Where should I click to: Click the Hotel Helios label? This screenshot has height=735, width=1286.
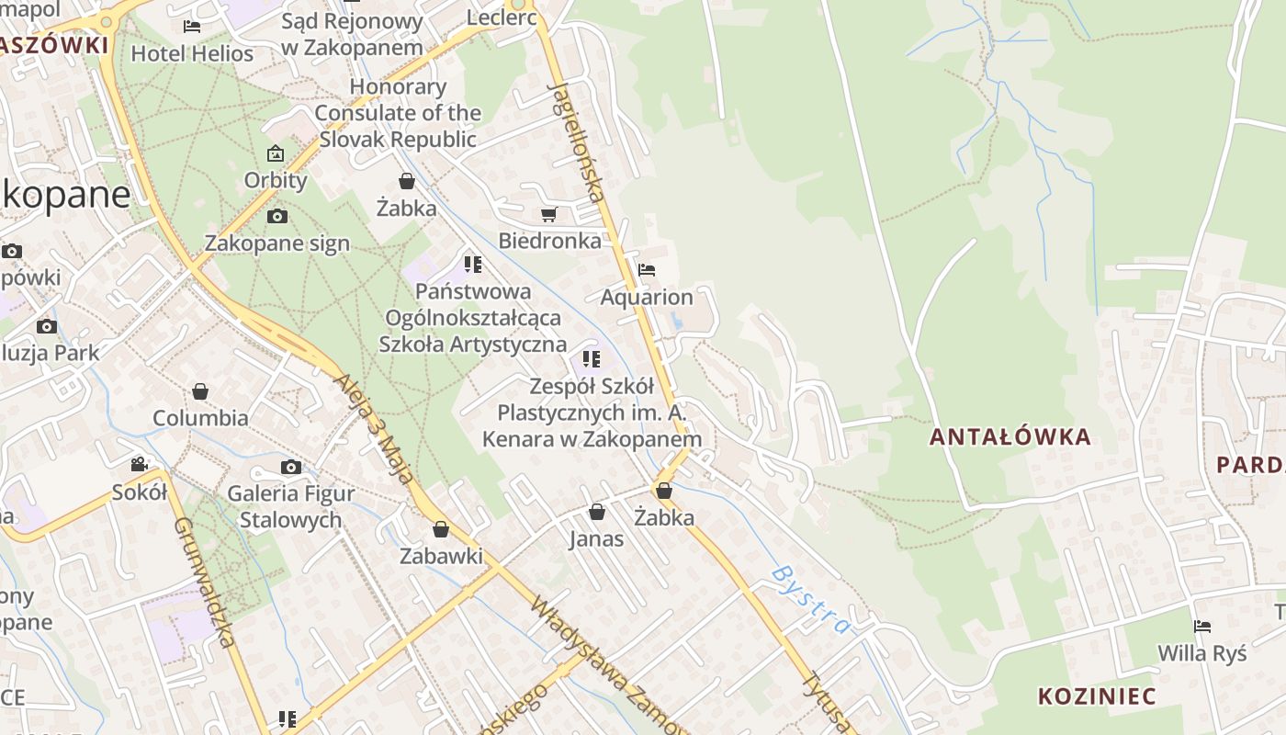(192, 53)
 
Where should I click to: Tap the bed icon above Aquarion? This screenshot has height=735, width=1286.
(647, 270)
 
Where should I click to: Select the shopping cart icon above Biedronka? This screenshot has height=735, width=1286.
(548, 215)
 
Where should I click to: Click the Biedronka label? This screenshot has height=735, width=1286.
(549, 241)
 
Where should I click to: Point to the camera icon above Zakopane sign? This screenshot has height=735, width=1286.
(276, 217)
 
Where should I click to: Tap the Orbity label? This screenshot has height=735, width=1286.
(276, 180)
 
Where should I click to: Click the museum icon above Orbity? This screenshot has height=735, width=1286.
(276, 153)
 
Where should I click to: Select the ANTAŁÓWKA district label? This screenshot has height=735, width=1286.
(1010, 436)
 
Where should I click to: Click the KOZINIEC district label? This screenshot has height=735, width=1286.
(1097, 695)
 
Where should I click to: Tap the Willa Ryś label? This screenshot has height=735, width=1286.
(1201, 653)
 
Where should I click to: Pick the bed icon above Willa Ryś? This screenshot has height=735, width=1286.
(1201, 627)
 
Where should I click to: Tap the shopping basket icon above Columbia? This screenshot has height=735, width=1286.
(200, 392)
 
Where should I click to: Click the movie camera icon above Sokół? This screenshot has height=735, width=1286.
(139, 465)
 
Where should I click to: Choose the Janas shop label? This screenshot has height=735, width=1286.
(596, 538)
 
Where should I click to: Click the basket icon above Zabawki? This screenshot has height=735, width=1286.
(441, 530)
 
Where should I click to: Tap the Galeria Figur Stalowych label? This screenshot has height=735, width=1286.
(290, 506)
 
